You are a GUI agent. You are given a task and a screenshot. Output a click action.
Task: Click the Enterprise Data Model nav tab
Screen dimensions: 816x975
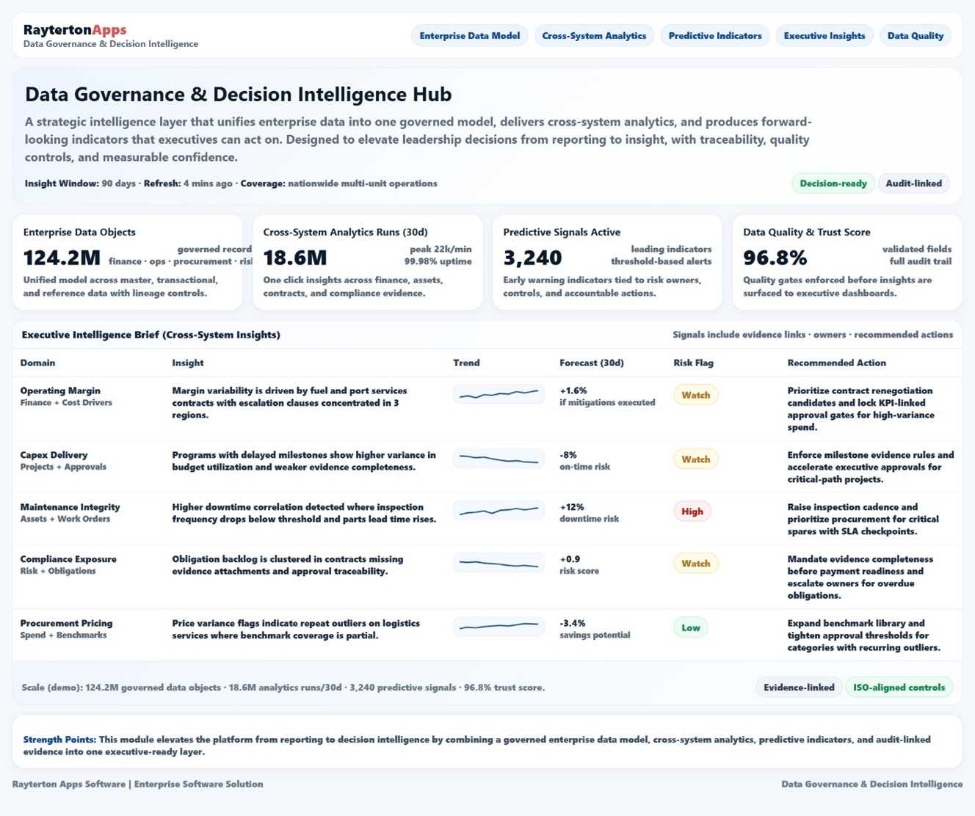click(469, 35)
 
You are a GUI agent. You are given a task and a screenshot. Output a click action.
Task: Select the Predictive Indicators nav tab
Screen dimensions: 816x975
click(714, 35)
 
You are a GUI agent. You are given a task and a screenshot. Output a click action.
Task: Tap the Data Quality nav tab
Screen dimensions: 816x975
click(915, 35)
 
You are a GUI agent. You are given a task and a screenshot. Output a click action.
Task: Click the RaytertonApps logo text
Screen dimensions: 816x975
click(75, 30)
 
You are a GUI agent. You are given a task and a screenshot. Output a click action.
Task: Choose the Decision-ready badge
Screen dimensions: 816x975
click(833, 183)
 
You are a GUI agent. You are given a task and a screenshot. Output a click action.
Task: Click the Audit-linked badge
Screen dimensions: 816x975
click(913, 183)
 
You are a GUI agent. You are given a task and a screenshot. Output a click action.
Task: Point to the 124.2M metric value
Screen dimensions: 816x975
click(62, 258)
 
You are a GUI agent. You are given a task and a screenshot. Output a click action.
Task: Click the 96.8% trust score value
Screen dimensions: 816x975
click(775, 258)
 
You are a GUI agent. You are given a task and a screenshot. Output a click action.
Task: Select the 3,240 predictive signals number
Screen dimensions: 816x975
click(532, 258)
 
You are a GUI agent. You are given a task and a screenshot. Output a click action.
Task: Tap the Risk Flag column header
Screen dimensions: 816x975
click(693, 363)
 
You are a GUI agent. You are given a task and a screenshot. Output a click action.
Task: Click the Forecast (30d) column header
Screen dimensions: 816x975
click(591, 363)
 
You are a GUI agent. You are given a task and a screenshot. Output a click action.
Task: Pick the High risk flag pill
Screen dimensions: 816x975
click(692, 511)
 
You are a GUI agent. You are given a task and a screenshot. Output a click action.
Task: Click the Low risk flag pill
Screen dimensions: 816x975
click(690, 627)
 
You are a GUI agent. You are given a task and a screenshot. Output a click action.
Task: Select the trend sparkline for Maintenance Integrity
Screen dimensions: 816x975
click(499, 510)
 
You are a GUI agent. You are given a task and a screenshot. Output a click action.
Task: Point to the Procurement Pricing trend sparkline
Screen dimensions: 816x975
click(499, 626)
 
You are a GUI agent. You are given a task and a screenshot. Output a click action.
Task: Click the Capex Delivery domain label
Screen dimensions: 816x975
click(54, 455)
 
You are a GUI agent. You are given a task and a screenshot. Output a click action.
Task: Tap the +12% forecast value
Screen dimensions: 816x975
click(571, 507)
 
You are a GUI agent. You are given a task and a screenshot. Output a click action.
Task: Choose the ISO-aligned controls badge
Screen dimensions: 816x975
click(899, 688)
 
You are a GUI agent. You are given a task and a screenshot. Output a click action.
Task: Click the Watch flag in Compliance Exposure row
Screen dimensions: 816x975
click(695, 564)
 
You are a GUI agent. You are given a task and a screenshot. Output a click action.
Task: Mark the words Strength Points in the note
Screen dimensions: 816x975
click(59, 740)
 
